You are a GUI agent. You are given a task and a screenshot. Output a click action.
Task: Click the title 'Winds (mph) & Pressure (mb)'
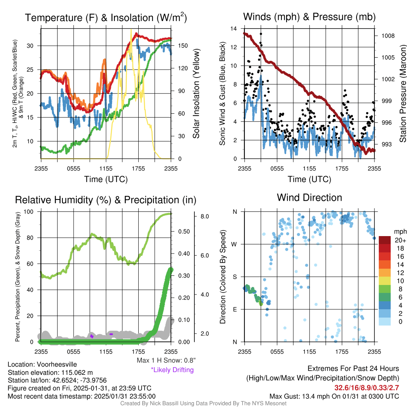pyautogui.click(x=309, y=17)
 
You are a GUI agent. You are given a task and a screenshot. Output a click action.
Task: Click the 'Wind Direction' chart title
pyautogui.click(x=309, y=198)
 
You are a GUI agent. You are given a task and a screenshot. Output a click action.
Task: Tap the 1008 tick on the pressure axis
pyautogui.click(x=387, y=36)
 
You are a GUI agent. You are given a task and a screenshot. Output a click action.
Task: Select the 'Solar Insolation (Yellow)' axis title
pyautogui.click(x=196, y=93)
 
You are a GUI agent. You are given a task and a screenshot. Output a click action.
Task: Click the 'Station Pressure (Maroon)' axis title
pyautogui.click(x=402, y=93)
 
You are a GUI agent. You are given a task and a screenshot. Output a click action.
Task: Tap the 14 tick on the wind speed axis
pyautogui.click(x=234, y=29)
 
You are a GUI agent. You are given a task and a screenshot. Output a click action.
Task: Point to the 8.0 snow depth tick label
pyautogui.click(x=205, y=217)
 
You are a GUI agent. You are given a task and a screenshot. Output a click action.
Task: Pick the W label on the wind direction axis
pyautogui.click(x=235, y=244)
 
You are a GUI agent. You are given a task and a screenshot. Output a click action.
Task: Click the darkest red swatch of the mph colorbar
pyautogui.click(x=386, y=240)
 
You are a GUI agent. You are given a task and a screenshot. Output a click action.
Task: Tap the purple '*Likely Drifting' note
pyautogui.click(x=172, y=370)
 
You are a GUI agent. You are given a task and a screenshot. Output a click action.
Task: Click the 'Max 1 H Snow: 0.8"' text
pyautogui.click(x=166, y=360)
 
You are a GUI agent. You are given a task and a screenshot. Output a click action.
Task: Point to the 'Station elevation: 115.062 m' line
pyautogui.click(x=50, y=372)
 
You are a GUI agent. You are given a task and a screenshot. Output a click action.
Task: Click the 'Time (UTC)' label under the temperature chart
pyautogui.click(x=106, y=179)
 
